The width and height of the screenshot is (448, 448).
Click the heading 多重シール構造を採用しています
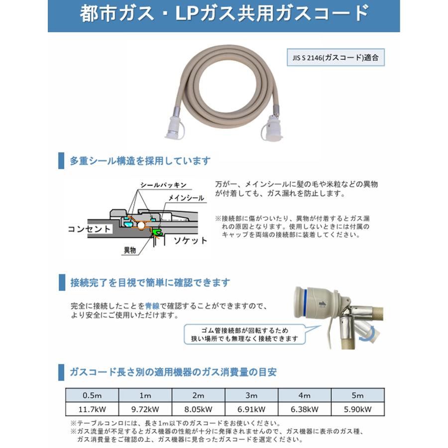pyautogui.click(x=140, y=161)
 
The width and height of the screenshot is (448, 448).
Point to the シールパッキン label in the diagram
pyautogui.click(x=163, y=185)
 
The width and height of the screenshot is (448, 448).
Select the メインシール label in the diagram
pyautogui.click(x=186, y=198)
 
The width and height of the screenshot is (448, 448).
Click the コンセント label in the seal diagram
pyautogui.click(x=90, y=229)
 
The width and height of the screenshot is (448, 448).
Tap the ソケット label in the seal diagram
pyautogui.click(x=190, y=240)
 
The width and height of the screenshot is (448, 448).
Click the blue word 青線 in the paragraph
pyautogui.click(x=152, y=306)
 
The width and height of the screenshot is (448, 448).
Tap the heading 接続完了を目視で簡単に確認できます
pyautogui.click(x=150, y=283)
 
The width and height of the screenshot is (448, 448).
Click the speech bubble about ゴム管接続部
pyautogui.click(x=243, y=334)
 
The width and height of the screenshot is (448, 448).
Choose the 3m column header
pyautogui.click(x=252, y=396)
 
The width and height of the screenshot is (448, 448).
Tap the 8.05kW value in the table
pyautogui.click(x=199, y=409)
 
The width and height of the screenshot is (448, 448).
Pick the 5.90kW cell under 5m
pyautogui.click(x=358, y=409)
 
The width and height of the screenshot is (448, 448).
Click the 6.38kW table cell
pyautogui.click(x=305, y=409)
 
